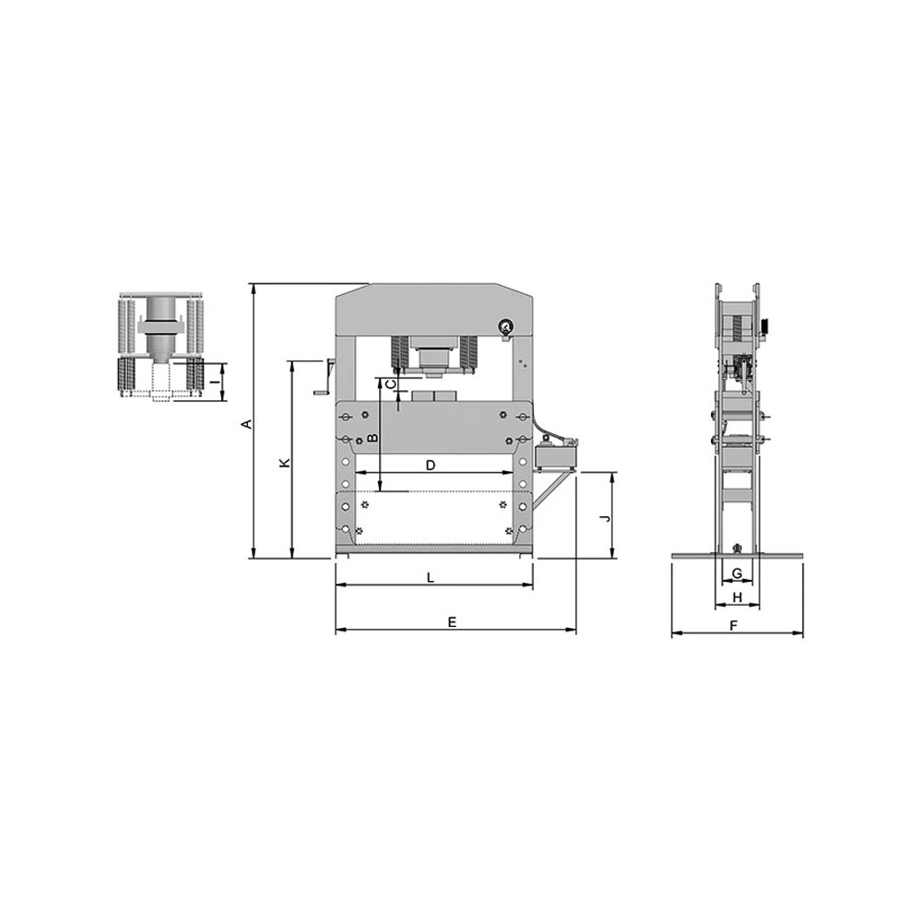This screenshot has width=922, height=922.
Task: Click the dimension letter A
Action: click(x=248, y=423)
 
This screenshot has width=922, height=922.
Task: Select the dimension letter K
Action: click(x=285, y=463)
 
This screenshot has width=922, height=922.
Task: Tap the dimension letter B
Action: click(x=372, y=438)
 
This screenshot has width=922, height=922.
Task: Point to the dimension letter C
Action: click(x=389, y=384)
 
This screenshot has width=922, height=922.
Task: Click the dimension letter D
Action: click(x=431, y=466)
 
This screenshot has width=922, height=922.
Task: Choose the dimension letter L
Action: click(x=431, y=577)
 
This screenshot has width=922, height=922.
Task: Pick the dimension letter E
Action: click(x=452, y=621)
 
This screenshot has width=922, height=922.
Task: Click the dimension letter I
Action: click(x=216, y=382)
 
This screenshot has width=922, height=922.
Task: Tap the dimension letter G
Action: click(x=737, y=573)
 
